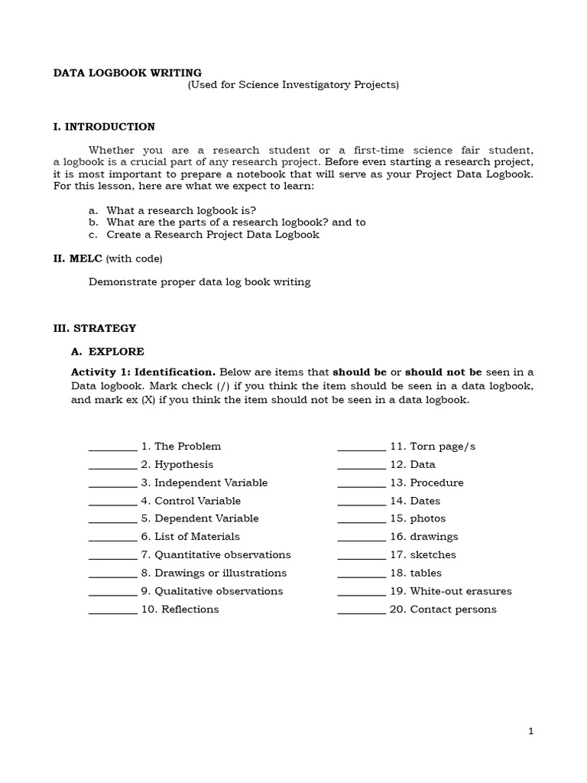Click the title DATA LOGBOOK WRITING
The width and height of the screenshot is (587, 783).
pos(127,73)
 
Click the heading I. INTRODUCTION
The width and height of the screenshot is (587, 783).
pos(104,127)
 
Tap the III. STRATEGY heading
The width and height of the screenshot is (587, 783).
pos(94,328)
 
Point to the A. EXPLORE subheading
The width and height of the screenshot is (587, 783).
pos(107,352)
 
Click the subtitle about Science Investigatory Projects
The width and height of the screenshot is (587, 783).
pos(293,85)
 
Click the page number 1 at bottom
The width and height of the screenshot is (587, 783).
pos(531,731)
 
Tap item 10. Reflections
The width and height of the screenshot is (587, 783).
pos(180,609)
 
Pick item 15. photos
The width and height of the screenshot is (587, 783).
pos(426,518)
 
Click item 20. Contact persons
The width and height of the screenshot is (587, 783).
pos(443,609)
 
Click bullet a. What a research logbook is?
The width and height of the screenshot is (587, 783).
pos(181,210)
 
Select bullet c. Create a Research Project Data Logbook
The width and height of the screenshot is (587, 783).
pos(212,235)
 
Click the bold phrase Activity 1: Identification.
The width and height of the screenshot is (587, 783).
pos(143,372)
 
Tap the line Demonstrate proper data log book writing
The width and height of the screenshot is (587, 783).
pos(199,282)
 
